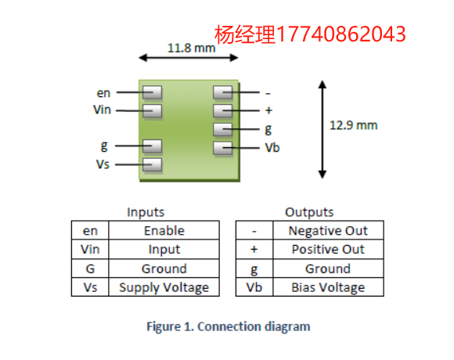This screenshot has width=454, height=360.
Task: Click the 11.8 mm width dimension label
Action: (192, 48)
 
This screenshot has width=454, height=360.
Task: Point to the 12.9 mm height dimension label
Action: (354, 125)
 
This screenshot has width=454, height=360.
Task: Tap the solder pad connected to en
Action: (153, 92)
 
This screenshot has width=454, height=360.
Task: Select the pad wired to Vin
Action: (153, 111)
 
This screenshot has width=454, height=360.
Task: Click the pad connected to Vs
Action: (153, 164)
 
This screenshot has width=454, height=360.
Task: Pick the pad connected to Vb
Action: (222, 148)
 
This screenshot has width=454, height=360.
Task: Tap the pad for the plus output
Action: (222, 111)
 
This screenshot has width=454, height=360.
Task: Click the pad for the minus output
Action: (222, 92)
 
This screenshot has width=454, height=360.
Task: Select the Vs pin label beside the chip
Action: (103, 164)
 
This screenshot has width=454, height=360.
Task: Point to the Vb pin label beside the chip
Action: (272, 148)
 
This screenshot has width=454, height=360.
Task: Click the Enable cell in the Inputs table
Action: (164, 231)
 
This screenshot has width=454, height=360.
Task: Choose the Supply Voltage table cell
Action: (164, 287)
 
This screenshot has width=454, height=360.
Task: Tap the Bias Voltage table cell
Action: (328, 287)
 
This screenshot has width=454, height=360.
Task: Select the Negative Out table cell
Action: (328, 231)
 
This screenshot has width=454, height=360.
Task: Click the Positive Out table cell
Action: (328, 249)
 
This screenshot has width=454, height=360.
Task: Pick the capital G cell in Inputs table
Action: (90, 268)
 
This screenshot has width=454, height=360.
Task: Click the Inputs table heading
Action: (146, 212)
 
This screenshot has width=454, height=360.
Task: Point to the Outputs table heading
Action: (309, 212)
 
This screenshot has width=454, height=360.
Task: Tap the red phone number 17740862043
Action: (340, 34)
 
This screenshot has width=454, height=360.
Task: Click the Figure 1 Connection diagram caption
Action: (229, 326)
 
